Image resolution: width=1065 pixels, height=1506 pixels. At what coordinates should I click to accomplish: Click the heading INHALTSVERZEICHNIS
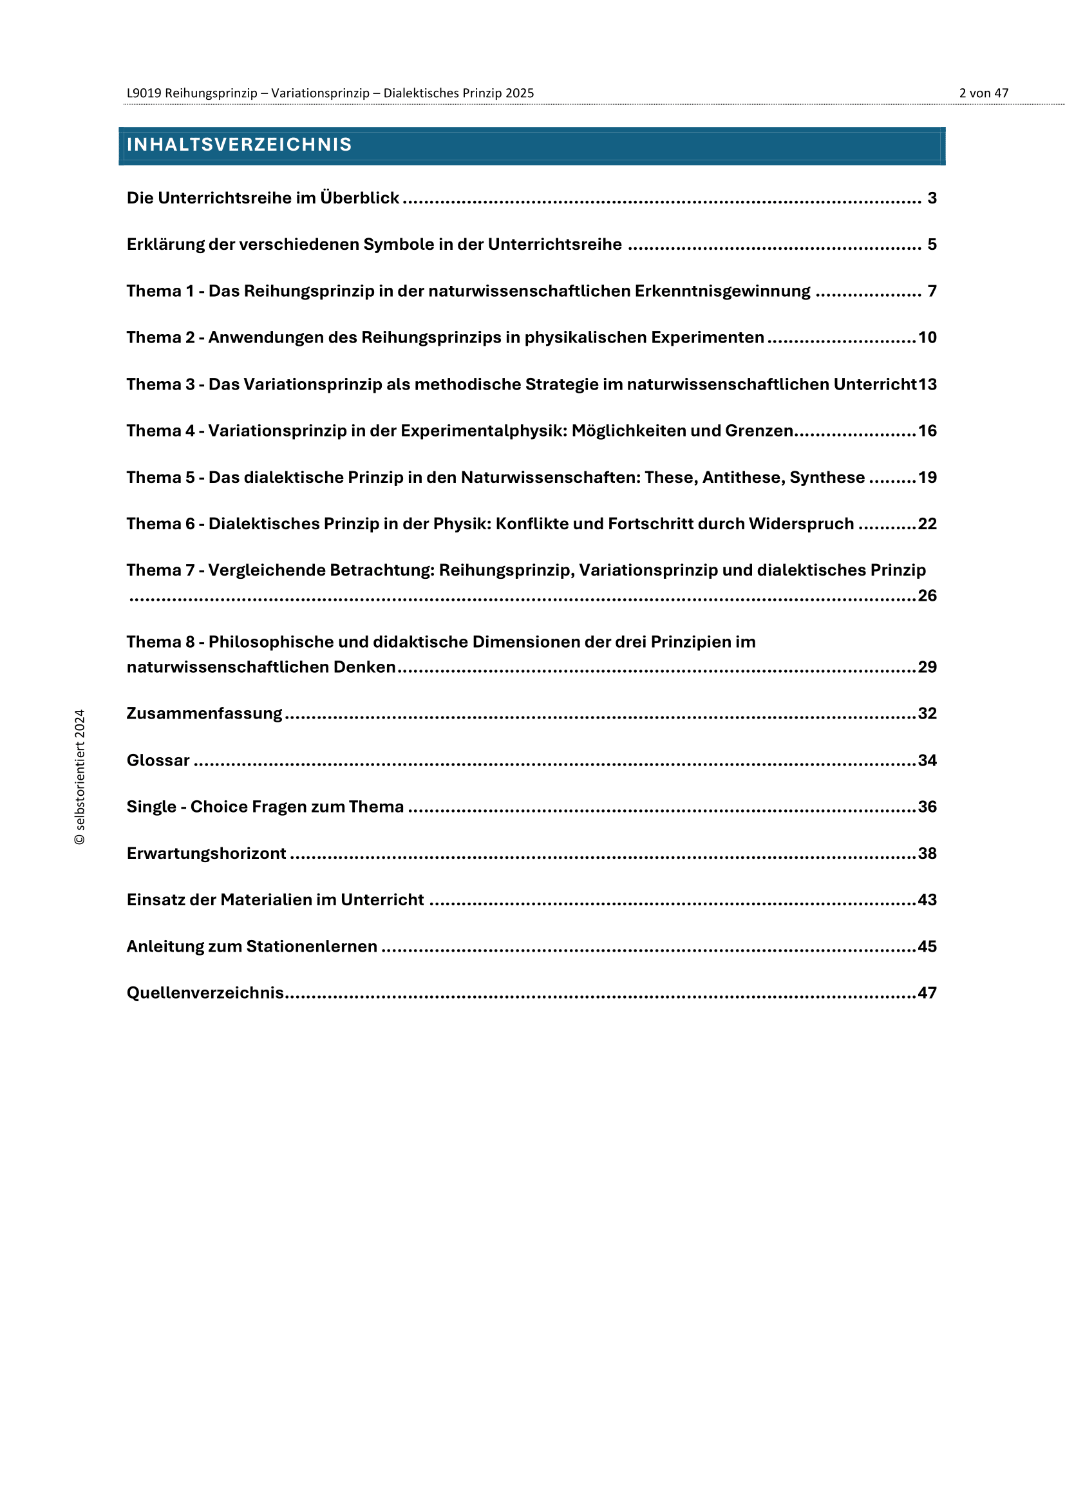point(240,144)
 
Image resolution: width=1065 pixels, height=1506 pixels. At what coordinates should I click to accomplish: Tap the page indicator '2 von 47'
point(983,93)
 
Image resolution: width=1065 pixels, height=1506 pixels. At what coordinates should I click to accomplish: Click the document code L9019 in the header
point(144,93)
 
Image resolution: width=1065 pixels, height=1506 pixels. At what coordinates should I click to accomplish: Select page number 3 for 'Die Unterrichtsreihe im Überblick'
point(932,198)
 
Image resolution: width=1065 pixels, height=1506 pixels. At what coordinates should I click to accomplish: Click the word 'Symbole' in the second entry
point(395,245)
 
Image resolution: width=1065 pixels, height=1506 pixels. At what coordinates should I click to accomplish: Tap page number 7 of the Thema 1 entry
point(932,291)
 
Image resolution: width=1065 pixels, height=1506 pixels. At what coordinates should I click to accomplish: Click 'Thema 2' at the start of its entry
point(161,338)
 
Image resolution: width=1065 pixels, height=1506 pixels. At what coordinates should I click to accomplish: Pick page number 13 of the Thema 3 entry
point(927,384)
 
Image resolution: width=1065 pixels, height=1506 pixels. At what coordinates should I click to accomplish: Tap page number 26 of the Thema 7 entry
point(927,596)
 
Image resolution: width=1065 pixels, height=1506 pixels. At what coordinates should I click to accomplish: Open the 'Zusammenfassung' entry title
point(204,713)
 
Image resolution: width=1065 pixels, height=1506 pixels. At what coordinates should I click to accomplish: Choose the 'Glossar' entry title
point(158,760)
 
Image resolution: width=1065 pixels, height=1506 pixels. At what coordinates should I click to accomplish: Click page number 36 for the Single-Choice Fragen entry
point(927,807)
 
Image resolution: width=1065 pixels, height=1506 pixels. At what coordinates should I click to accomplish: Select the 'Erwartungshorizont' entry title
point(206,853)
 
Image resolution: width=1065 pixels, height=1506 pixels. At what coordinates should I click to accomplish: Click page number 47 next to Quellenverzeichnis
point(927,993)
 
